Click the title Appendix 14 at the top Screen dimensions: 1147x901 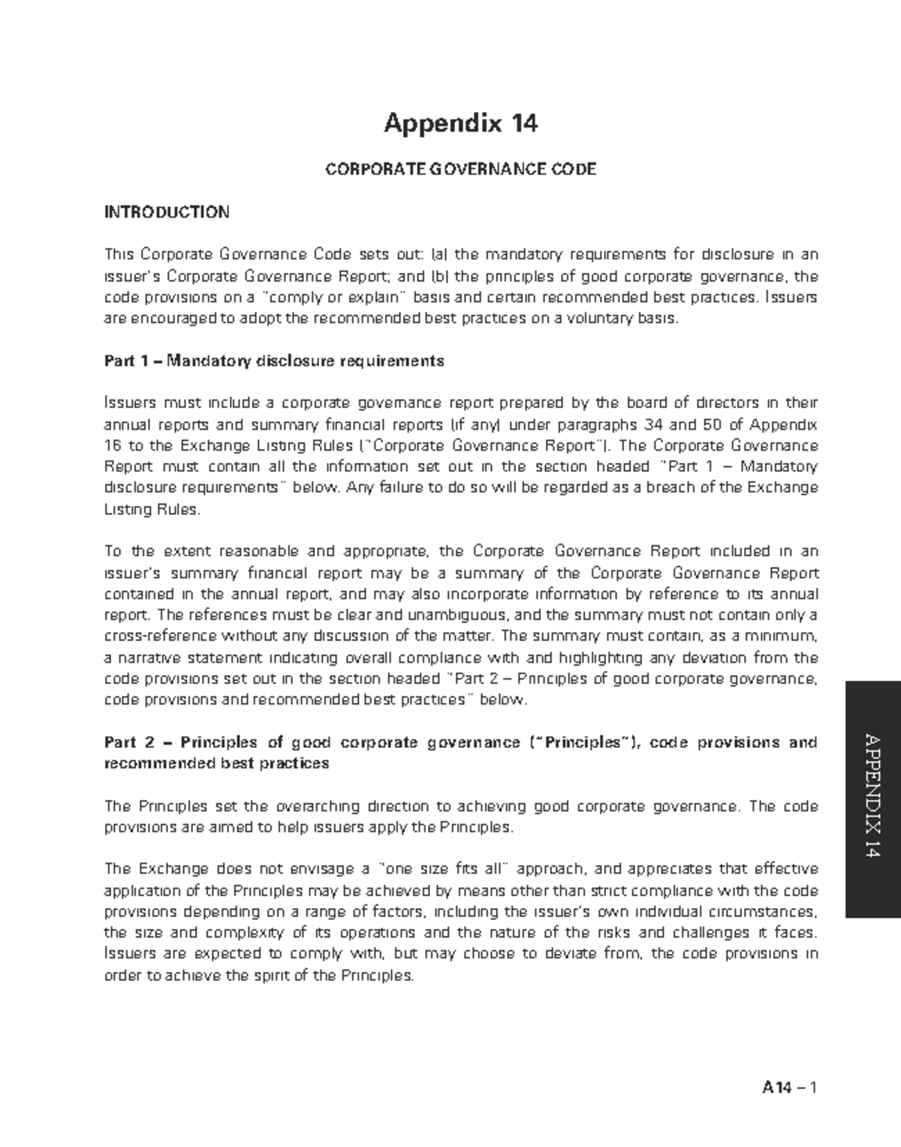(460, 122)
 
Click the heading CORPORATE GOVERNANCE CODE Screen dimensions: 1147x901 (460, 170)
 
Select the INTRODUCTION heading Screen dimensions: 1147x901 (167, 213)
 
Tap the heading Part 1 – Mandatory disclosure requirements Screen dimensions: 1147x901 (274, 361)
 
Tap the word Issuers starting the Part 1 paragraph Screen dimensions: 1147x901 (125, 403)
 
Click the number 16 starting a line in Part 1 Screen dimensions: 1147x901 (112, 445)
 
